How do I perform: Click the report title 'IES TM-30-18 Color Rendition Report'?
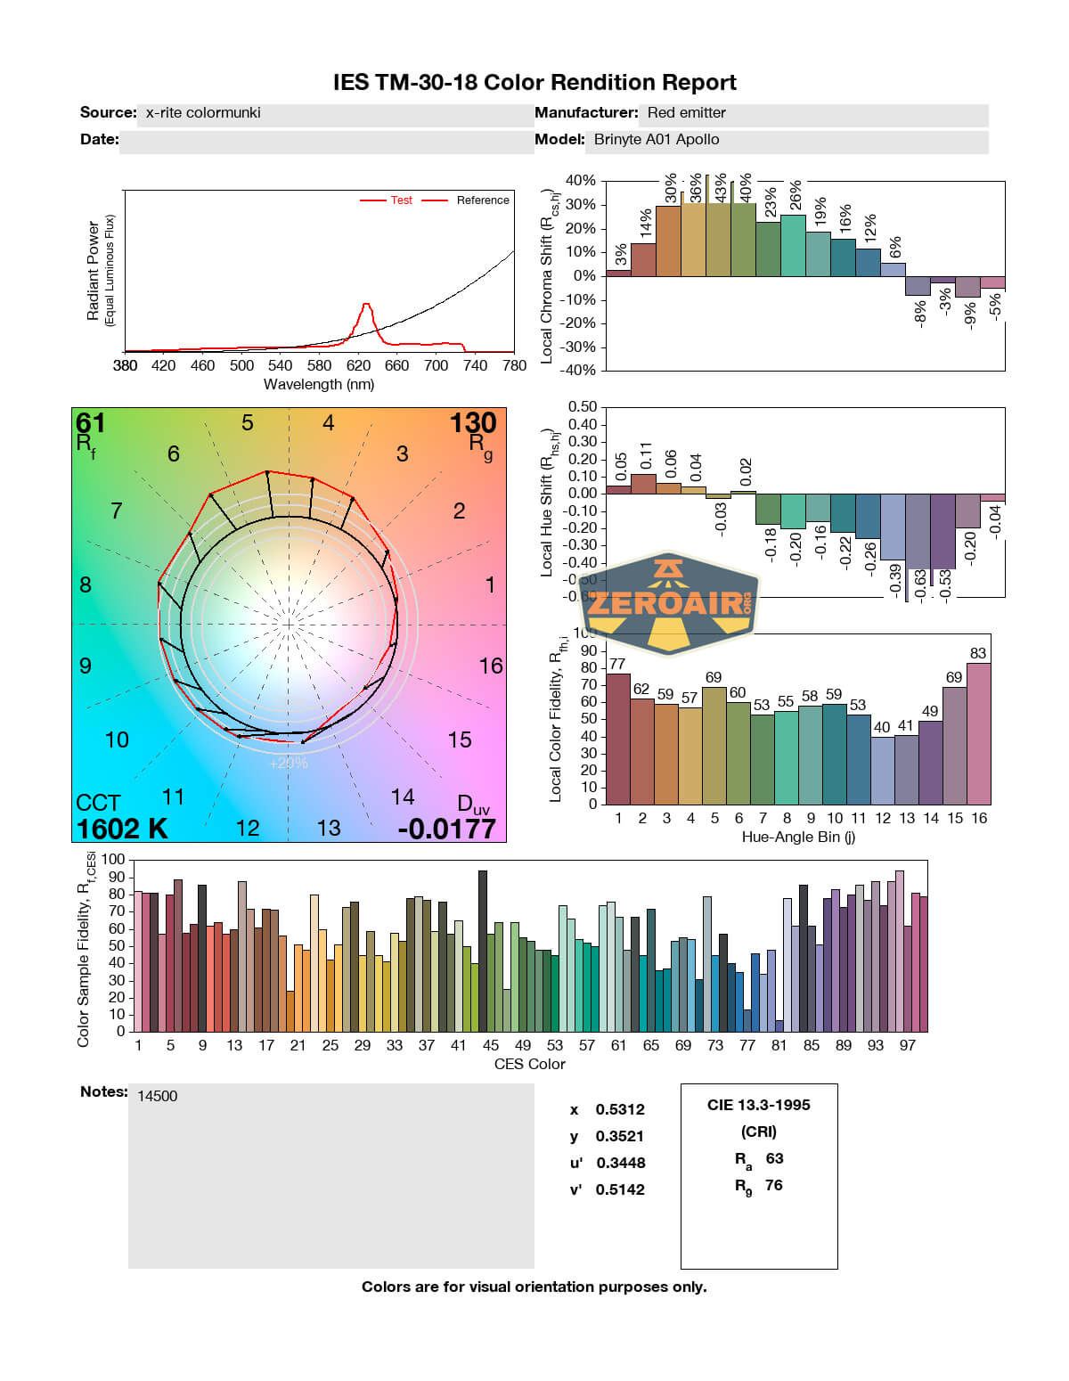pos(534,83)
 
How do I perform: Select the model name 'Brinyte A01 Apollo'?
pos(657,140)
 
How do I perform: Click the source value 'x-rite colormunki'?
pos(203,113)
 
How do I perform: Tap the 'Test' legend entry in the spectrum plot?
pos(401,200)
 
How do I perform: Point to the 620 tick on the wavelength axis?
pos(358,365)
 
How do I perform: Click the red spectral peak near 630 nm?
pos(366,306)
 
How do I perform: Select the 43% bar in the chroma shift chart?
pos(719,241)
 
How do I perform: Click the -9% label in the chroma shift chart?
pos(969,313)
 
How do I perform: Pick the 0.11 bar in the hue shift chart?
pos(643,484)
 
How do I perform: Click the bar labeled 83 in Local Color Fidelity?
pos(978,733)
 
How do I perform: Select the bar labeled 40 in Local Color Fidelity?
pos(882,770)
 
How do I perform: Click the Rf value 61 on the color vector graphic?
pos(90,422)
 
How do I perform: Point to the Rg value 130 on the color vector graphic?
pos(472,422)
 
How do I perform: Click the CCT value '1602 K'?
pos(122,829)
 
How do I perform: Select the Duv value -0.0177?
pos(446,829)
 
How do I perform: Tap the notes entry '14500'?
pos(158,1097)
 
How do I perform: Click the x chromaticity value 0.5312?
pos(620,1110)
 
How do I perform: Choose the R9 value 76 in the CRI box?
pos(773,1186)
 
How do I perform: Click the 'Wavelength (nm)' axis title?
pos(319,385)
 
